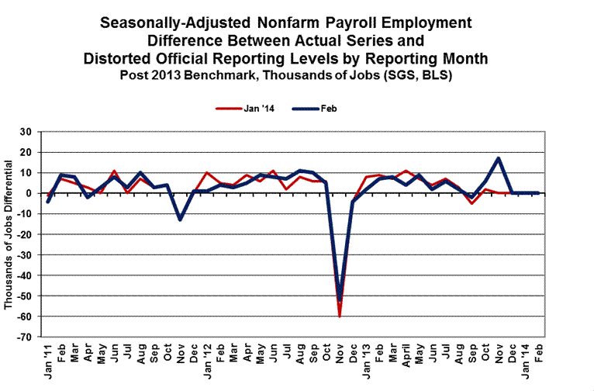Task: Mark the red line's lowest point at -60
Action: click(x=340, y=316)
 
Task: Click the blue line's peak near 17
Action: click(x=499, y=158)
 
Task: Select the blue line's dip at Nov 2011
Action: click(x=181, y=220)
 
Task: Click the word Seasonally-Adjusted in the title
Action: click(x=169, y=23)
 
